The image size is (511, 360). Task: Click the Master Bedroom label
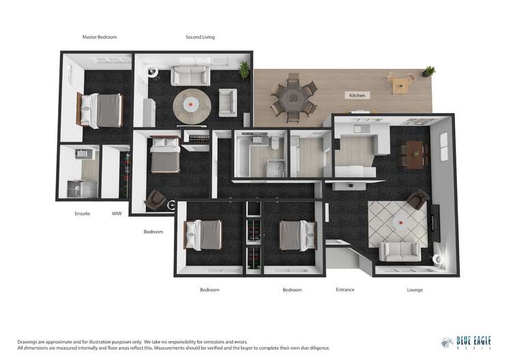(x=99, y=37)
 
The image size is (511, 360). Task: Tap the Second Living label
(x=200, y=37)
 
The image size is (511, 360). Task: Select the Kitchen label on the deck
(x=358, y=95)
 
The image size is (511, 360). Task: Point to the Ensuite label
(x=83, y=213)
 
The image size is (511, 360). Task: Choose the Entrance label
(x=345, y=290)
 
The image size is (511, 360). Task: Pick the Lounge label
(x=415, y=290)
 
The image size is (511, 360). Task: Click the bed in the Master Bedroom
(x=101, y=110)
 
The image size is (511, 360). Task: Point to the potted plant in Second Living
(x=244, y=68)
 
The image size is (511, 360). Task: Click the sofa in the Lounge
(x=399, y=252)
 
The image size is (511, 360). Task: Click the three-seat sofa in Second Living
(x=190, y=75)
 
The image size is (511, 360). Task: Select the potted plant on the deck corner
(x=428, y=70)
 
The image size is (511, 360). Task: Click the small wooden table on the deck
(x=400, y=84)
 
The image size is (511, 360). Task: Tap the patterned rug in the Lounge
(x=397, y=222)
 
